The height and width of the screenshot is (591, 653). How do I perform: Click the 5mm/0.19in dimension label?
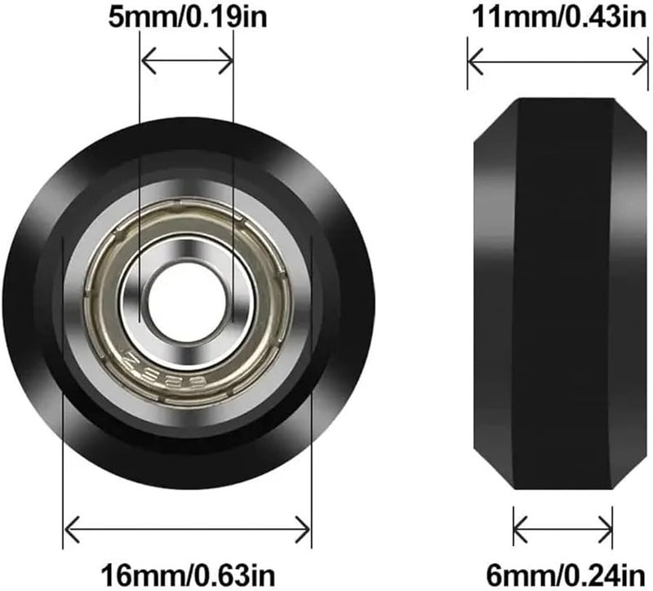[x=187, y=18]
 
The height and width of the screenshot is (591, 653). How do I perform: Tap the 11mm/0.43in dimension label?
[x=558, y=18]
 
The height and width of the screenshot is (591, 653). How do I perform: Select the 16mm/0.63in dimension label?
[x=187, y=570]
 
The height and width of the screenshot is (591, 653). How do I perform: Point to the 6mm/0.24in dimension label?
[x=562, y=570]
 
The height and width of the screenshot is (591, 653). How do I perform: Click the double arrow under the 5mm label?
[x=187, y=60]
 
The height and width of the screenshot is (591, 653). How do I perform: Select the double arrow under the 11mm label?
[x=558, y=60]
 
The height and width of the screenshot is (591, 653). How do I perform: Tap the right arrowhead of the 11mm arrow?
[x=644, y=60]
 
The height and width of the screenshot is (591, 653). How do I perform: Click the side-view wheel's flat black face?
[x=562, y=294]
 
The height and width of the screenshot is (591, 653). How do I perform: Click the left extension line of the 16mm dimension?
[x=64, y=408]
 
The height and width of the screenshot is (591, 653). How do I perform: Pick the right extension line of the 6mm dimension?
[x=612, y=522]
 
